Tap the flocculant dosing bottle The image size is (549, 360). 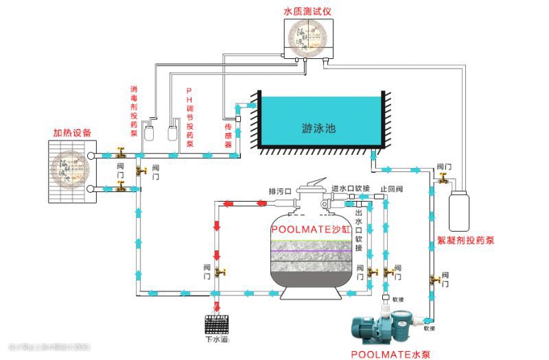click(459, 210)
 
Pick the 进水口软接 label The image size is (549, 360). click(351, 188)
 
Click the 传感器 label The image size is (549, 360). click(229, 136)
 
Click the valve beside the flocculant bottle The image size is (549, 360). click(443, 179)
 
